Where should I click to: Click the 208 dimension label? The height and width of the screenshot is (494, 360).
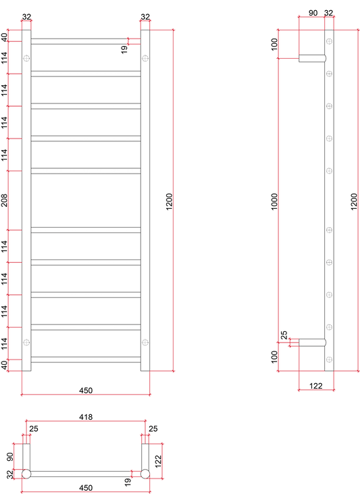coord(5,201)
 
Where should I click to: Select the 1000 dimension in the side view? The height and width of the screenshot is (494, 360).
coord(275,201)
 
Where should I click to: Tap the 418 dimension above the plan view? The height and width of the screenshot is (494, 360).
coord(86,417)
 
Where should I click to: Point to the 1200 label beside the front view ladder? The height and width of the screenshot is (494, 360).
coord(169,201)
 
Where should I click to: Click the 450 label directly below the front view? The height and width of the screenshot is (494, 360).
coord(86,391)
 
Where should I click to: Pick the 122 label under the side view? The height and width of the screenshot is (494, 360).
coord(316,386)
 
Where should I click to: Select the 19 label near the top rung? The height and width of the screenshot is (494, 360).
coord(124,49)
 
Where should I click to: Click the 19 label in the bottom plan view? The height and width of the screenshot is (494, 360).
coord(127,482)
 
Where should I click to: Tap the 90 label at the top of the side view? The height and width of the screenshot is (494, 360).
coord(313,13)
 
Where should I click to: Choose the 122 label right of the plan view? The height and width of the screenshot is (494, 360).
coord(158,462)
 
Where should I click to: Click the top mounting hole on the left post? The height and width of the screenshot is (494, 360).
coord(26,58)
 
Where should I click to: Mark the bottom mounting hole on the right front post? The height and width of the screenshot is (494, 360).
coord(145,342)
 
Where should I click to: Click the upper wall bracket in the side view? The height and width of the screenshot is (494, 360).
coord(312,58)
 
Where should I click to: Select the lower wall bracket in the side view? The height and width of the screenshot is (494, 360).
coord(312,343)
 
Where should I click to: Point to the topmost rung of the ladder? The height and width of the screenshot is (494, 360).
coord(86,41)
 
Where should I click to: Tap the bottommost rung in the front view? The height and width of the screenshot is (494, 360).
coord(86,360)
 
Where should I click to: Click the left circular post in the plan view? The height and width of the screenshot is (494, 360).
coord(26,474)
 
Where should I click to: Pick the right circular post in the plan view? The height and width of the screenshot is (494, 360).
coord(145,474)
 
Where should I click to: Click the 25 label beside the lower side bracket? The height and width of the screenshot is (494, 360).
coord(284,335)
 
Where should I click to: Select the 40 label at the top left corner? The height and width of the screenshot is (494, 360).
coord(4,37)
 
